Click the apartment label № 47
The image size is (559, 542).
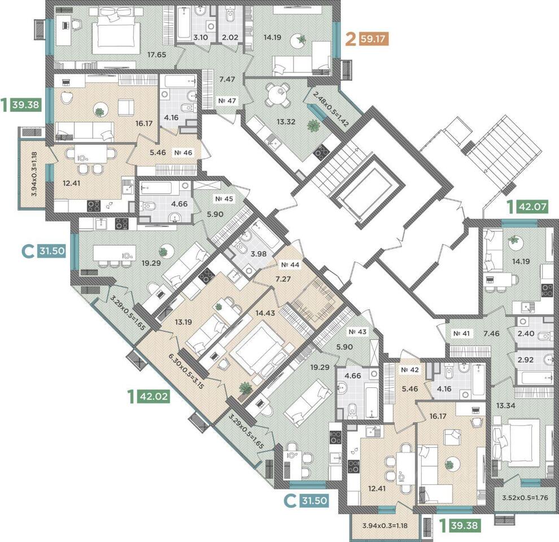click(227, 101)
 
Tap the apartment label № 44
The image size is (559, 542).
click(290, 265)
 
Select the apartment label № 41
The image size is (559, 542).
click(462, 334)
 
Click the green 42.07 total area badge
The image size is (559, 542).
click(532, 207)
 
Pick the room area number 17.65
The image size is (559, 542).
click(157, 55)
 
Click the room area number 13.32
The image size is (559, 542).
click(286, 122)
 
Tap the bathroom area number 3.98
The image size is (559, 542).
click(259, 254)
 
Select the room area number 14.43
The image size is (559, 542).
click(265, 313)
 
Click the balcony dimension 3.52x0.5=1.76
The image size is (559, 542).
click(525, 498)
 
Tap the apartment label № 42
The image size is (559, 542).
click(410, 370)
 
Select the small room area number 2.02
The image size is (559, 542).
click(230, 37)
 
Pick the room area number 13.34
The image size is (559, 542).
click(505, 406)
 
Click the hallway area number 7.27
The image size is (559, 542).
click(283, 279)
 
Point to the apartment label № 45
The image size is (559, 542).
click(224, 199)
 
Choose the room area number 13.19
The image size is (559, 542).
click(184, 322)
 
